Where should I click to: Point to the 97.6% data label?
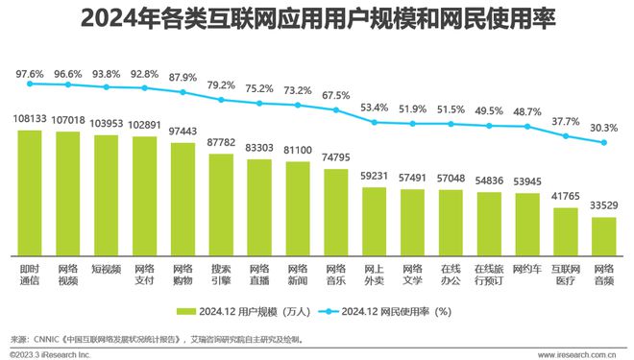coord(30,73)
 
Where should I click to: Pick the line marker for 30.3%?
coord(603,143)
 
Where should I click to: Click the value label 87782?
coord(221,144)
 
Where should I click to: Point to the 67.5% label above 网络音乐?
coord(335,96)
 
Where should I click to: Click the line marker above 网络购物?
coord(183,93)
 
